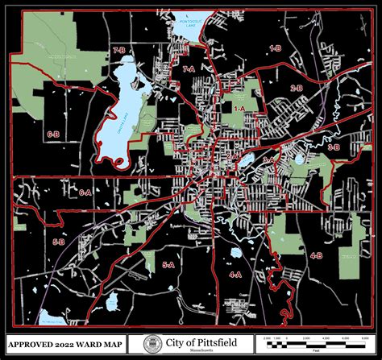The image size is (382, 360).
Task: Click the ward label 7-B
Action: click(120, 50)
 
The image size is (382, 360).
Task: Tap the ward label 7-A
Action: click(189, 71)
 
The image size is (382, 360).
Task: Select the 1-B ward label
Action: click(275, 49)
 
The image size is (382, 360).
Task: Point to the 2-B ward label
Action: click(297, 88)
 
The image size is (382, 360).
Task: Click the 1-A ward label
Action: click(239, 107)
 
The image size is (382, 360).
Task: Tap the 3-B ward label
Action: click(334, 148)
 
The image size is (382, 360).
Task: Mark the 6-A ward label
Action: click(85, 193)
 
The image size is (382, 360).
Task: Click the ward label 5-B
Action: click(58, 242)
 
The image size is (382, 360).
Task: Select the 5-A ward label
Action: click(168, 264)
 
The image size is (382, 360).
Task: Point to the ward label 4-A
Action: click(235, 275)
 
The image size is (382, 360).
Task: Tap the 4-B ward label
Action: click(317, 255)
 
